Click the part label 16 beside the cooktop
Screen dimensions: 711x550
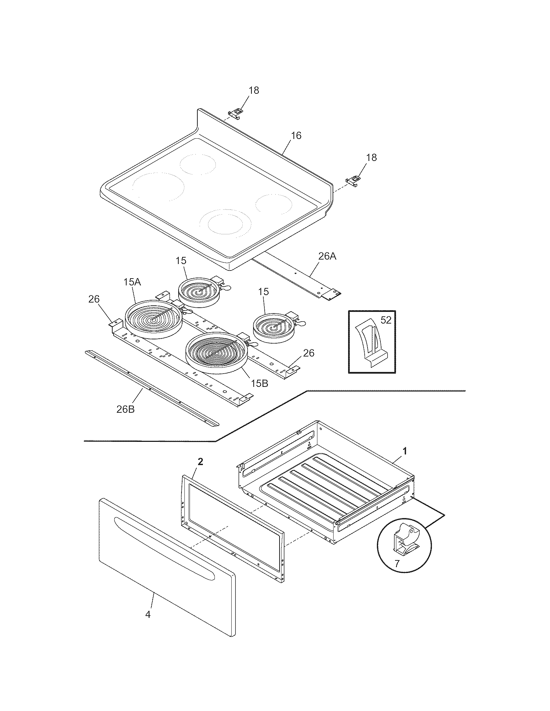296,135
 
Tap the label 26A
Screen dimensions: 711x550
327,257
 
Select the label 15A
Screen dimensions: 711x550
132,282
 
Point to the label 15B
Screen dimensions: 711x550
259,384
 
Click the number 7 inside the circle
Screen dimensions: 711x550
397,564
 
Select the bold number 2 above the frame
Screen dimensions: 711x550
200,461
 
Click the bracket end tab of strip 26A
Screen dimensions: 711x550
331,295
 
